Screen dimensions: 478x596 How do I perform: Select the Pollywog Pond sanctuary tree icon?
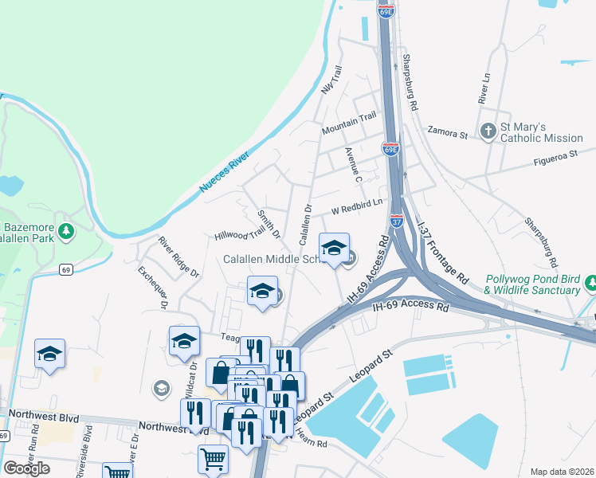(591, 283)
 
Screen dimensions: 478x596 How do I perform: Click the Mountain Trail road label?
(348, 123)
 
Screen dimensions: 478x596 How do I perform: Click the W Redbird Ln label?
(357, 208)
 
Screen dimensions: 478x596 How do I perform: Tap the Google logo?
(26, 468)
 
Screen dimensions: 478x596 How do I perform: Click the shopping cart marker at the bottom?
(214, 459)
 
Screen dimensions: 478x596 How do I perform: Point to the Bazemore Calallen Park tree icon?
(67, 232)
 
